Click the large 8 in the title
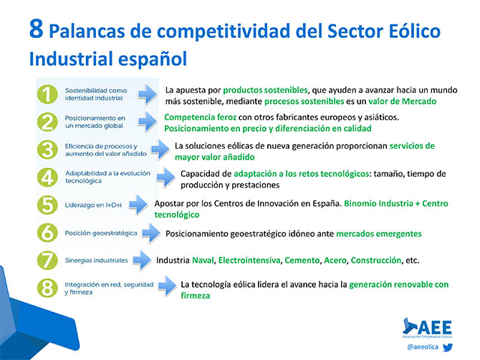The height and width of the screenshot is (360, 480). pyautogui.click(x=36, y=29)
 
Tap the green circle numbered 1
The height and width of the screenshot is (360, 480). pyautogui.click(x=47, y=94)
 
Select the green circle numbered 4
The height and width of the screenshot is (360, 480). pyautogui.click(x=47, y=177)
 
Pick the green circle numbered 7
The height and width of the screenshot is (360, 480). pyautogui.click(x=47, y=261)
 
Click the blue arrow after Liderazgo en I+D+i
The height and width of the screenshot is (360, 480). pyautogui.click(x=138, y=204)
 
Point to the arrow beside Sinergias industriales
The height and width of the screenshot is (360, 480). pyautogui.click(x=143, y=260)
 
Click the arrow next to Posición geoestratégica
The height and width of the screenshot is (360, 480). pyautogui.click(x=151, y=233)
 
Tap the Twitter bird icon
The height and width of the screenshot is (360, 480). pyautogui.click(x=448, y=347)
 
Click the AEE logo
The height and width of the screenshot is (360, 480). pyautogui.click(x=428, y=328)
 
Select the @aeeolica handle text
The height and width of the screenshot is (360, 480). pyautogui.click(x=423, y=347)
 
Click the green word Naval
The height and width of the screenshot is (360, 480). pyautogui.click(x=203, y=261)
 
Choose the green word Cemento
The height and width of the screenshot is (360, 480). pyautogui.click(x=302, y=261)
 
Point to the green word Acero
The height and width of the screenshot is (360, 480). pyautogui.click(x=335, y=261)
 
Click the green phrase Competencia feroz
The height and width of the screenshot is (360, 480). pyautogui.click(x=200, y=117)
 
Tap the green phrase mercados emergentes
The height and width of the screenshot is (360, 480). pyautogui.click(x=379, y=234)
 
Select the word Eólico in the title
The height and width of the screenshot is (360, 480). pyautogui.click(x=415, y=31)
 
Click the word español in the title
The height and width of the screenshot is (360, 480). pyautogui.click(x=153, y=59)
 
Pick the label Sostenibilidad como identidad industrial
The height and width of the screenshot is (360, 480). pyautogui.click(x=96, y=94)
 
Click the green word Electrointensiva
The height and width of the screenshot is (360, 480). pyautogui.click(x=249, y=261)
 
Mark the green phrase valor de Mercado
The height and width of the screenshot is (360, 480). pyautogui.click(x=402, y=101)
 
